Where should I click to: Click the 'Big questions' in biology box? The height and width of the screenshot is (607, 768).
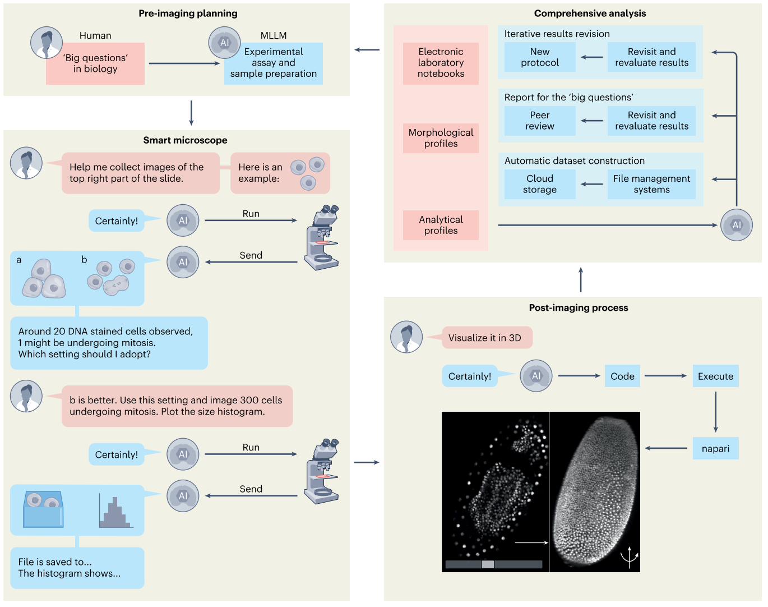(x=95, y=63)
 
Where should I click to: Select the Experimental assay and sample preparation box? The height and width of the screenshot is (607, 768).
(x=274, y=63)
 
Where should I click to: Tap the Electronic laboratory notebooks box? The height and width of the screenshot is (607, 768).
(x=441, y=63)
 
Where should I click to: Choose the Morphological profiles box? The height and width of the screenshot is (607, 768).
(x=441, y=138)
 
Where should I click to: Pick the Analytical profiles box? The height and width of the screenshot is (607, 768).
(x=441, y=225)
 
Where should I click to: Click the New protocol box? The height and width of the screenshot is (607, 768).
(x=540, y=57)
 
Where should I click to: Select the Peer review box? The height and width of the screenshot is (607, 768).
(x=540, y=121)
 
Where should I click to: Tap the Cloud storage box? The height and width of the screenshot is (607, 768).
(x=540, y=184)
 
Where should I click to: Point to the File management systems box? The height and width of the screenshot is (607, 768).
(x=651, y=184)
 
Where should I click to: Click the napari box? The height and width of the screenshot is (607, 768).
(x=715, y=449)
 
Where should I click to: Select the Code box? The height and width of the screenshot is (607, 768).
(x=622, y=376)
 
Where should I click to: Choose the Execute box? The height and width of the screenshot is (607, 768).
(x=715, y=376)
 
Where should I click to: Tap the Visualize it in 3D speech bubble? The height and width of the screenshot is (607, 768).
(x=485, y=338)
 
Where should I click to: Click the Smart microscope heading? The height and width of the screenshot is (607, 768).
(x=185, y=140)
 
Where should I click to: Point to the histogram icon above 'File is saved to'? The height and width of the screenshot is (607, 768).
(x=115, y=512)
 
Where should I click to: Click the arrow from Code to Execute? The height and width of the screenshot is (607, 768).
(x=665, y=376)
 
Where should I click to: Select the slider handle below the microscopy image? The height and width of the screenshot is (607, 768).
(x=488, y=564)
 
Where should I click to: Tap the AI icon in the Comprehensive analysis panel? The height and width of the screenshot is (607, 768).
(x=736, y=225)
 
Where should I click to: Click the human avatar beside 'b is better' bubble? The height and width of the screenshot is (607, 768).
(x=26, y=396)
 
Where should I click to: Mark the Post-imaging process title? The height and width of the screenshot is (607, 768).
(x=579, y=308)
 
